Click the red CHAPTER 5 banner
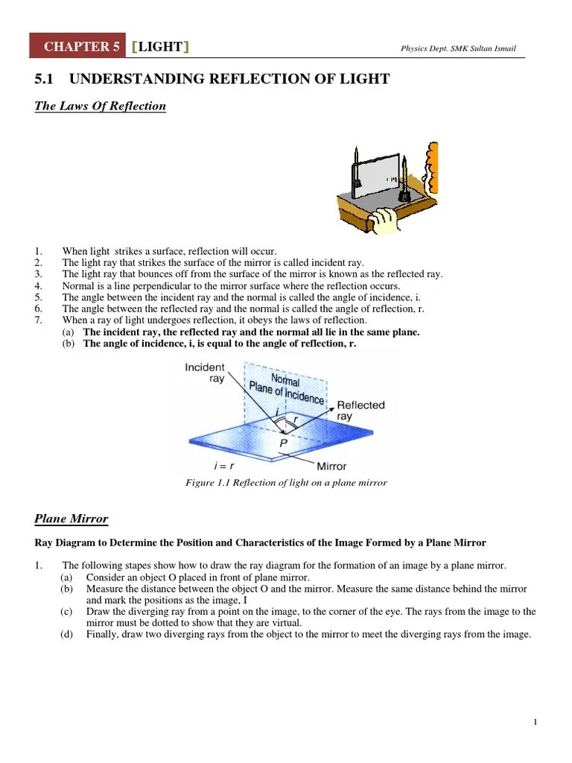77,47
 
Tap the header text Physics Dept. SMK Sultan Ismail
457,50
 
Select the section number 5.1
46,79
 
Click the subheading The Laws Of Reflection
101,106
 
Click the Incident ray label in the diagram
204,373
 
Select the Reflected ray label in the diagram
360,411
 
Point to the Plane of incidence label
287,390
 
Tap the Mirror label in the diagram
331,466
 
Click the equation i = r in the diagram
224,466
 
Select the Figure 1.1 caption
286,483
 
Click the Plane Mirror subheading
71,519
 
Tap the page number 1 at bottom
536,721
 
